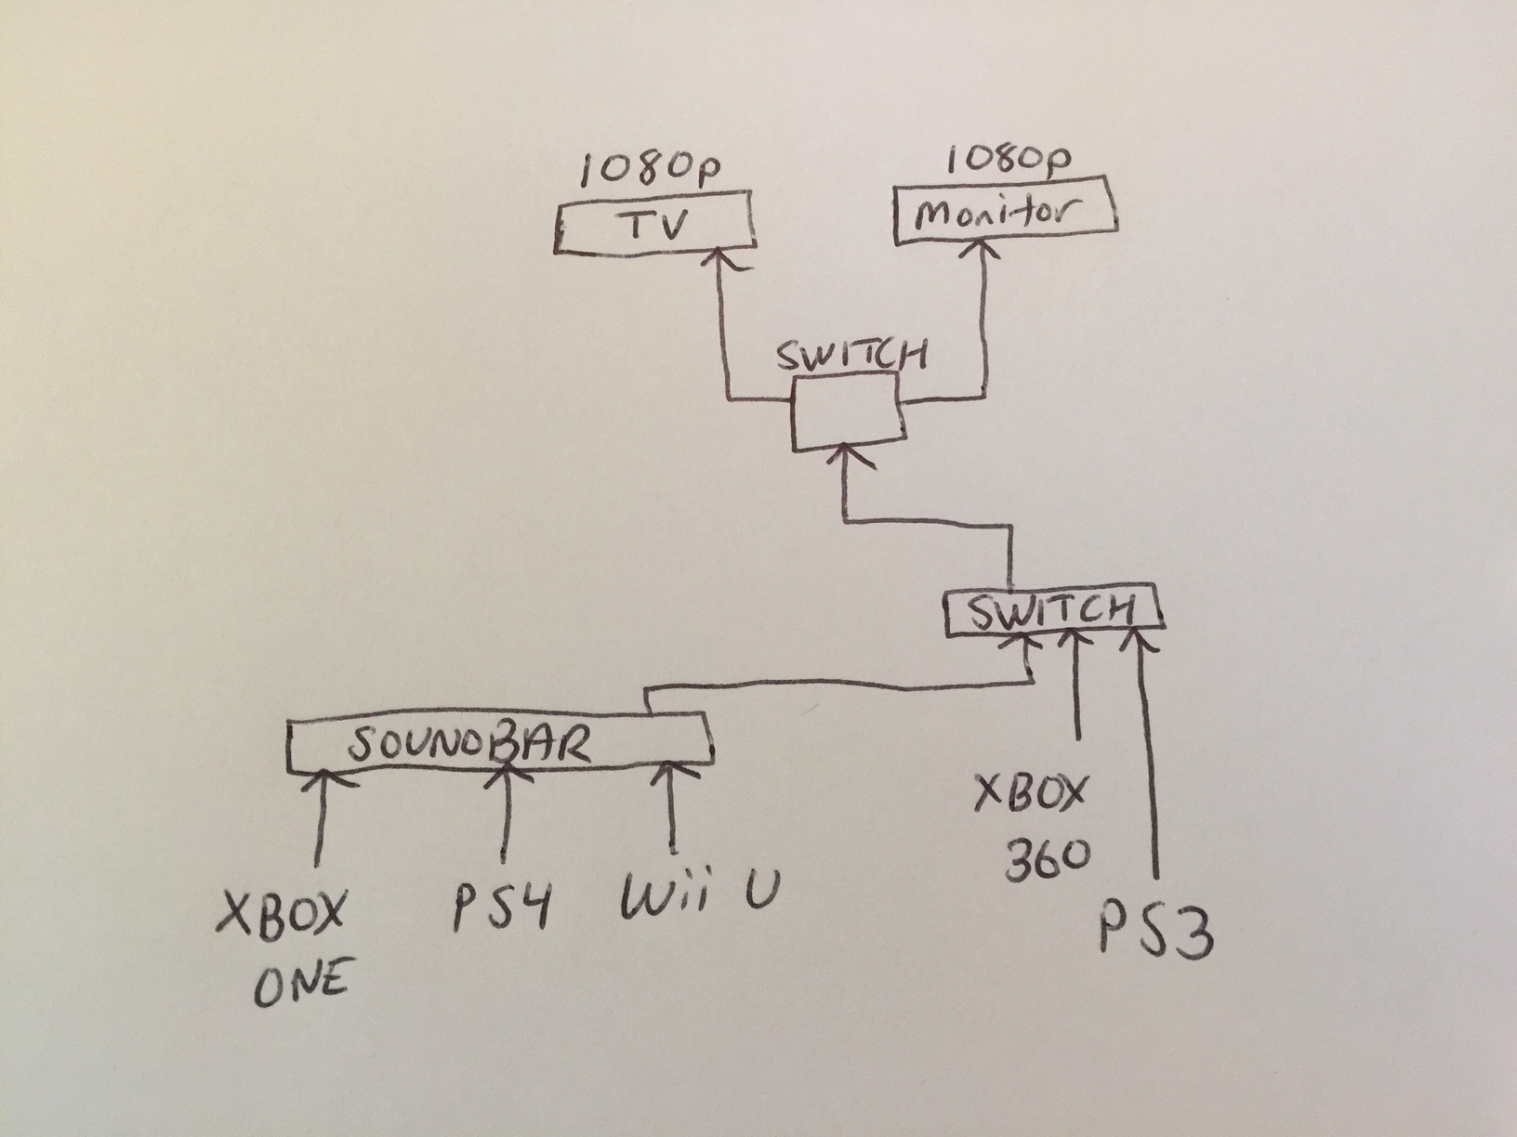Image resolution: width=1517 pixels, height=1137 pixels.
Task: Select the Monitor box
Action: coord(1004,216)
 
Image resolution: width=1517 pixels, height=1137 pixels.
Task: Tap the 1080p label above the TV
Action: coord(653,170)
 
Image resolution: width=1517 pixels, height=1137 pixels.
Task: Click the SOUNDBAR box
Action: coord(499,744)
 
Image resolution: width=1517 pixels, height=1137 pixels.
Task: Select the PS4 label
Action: coord(499,911)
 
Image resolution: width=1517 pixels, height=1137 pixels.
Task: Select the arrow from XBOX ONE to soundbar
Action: coord(321,817)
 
